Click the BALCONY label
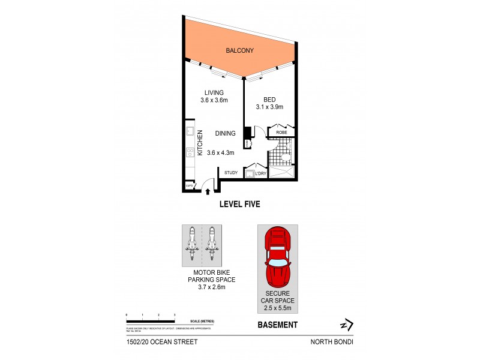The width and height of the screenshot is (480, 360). pos(239,51)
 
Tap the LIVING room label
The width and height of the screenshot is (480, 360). pos(214,92)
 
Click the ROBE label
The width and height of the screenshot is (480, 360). pos(281,131)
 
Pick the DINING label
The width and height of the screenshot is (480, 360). pos(225,133)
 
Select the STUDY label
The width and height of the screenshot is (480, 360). pos(231,173)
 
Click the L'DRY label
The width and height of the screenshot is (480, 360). pos(260,174)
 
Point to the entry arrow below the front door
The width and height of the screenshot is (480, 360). pos(208,191)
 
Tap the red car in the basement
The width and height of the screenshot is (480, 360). pos(277,258)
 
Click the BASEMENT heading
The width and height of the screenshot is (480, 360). pos(277,325)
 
